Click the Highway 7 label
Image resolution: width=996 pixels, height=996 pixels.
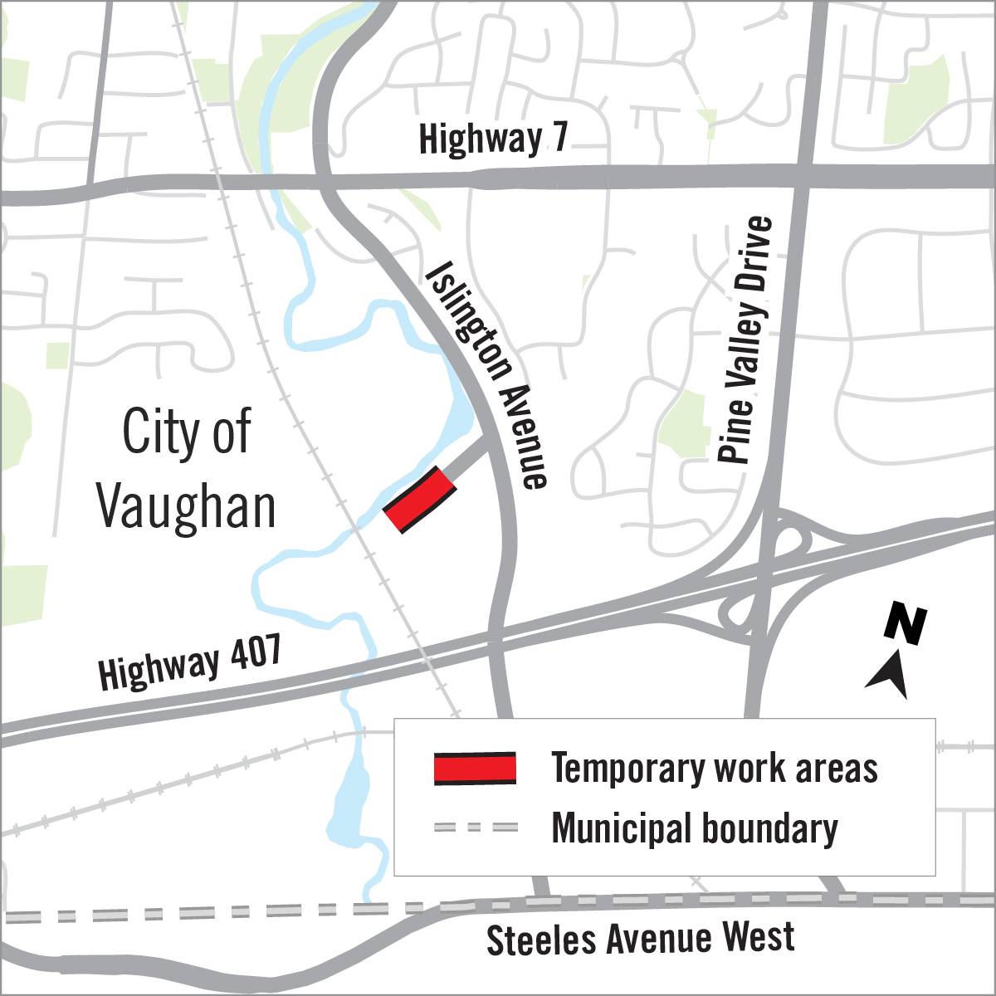493,139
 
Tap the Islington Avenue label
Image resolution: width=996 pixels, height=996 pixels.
487,375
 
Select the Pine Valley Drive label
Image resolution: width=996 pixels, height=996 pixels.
745,339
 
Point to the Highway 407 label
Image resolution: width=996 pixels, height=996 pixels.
190,662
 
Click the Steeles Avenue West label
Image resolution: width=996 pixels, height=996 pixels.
640,939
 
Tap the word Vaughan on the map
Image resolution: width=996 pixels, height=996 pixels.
186,507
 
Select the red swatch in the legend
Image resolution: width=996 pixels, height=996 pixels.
475,769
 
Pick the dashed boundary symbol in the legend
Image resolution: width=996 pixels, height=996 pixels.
475,828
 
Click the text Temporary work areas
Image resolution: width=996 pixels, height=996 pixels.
715,769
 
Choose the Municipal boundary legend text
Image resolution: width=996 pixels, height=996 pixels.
695,828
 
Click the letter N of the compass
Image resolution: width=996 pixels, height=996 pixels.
905,625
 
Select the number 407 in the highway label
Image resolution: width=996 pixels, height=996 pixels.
251,652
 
